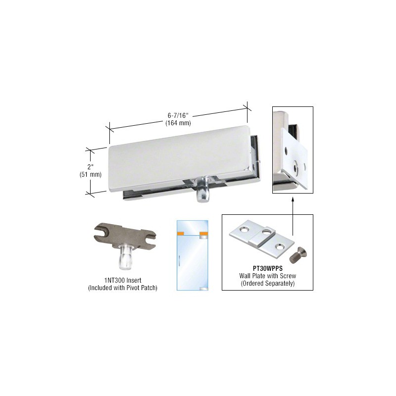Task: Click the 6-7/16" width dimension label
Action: (178, 115)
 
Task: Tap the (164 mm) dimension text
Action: (178, 123)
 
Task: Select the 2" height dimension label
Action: (91, 167)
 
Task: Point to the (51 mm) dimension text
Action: (91, 174)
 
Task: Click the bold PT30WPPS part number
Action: (267, 268)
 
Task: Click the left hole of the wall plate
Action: (245, 229)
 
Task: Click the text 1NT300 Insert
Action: (123, 280)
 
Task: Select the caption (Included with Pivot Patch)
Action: (123, 288)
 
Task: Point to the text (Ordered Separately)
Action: (267, 283)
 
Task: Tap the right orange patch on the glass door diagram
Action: (204, 234)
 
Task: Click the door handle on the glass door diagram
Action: (179, 261)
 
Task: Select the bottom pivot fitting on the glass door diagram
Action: (204, 289)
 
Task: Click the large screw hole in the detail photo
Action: (296, 167)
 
